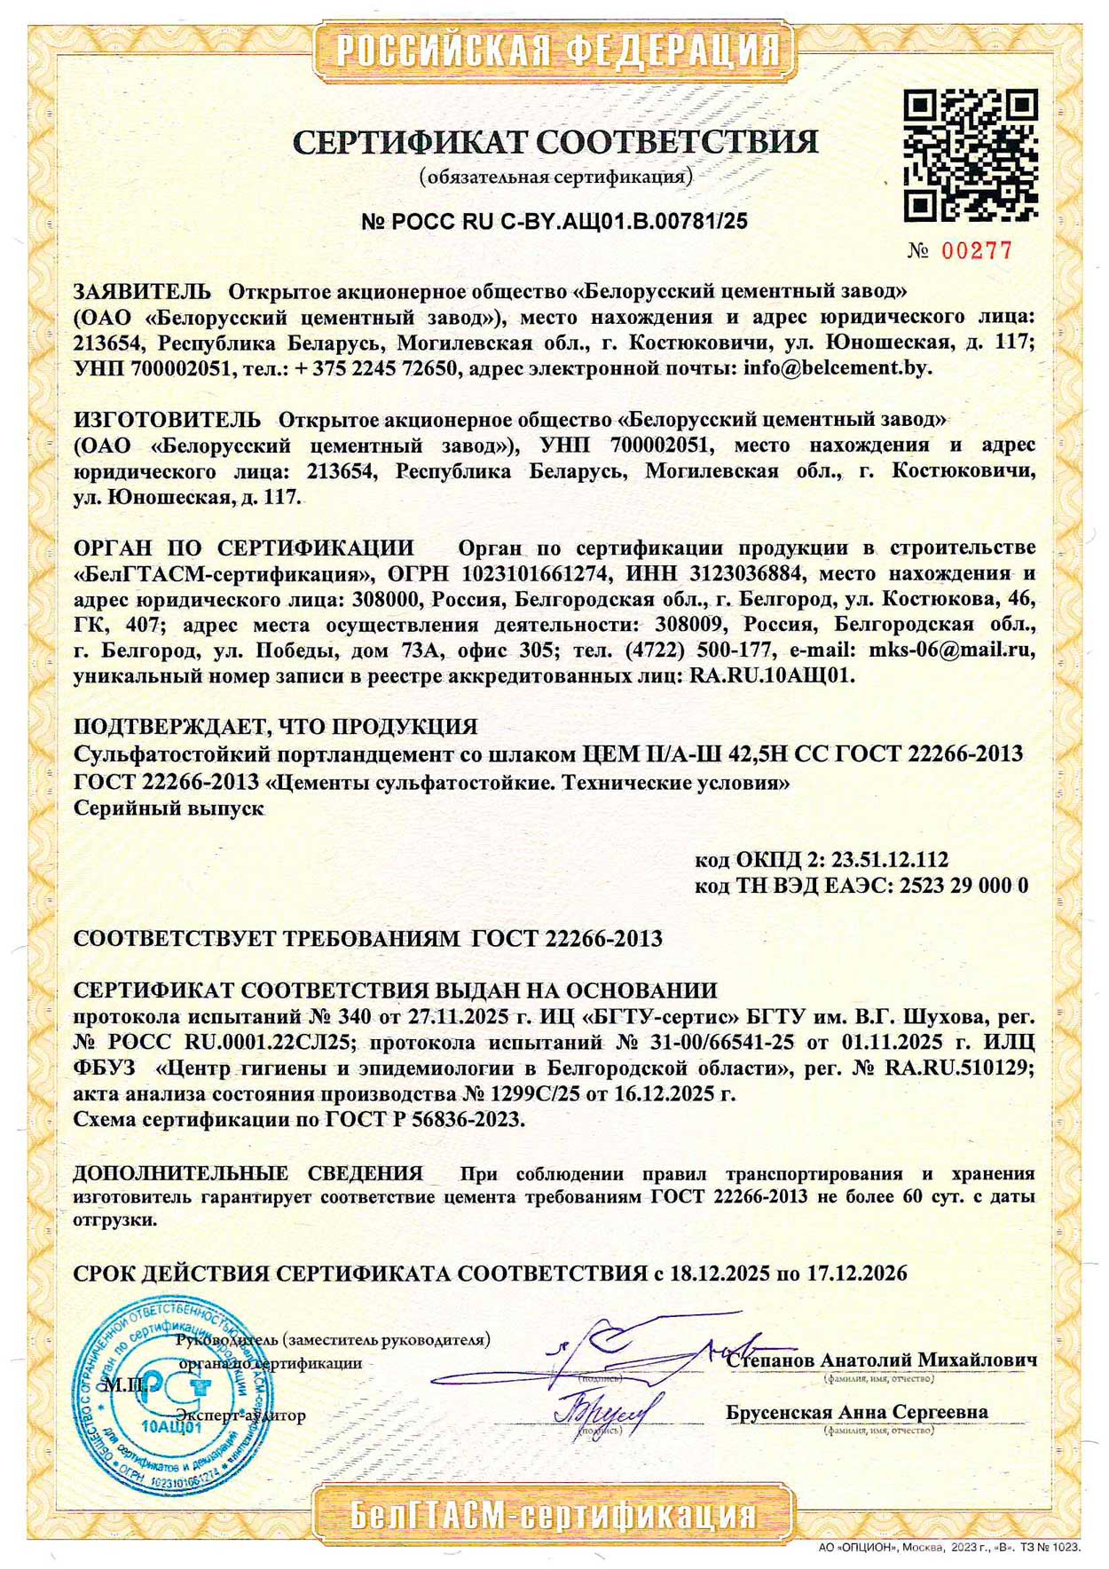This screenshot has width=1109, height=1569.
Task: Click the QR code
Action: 970,155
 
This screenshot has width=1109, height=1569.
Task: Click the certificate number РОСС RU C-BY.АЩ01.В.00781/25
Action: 554,222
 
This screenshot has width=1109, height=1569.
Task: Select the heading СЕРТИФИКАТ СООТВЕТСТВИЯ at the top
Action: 555,142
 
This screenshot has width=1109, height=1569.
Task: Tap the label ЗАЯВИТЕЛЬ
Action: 142,292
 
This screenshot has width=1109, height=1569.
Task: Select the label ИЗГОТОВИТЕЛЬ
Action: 167,419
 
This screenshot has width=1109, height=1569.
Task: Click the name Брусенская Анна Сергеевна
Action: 856,1412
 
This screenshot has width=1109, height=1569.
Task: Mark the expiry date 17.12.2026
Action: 857,1274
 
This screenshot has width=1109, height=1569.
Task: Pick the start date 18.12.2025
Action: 720,1274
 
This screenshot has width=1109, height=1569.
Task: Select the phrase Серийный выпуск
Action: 169,808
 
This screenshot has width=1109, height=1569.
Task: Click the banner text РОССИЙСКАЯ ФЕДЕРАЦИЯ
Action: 556,51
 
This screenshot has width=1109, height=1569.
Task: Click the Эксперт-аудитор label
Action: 240,1415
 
